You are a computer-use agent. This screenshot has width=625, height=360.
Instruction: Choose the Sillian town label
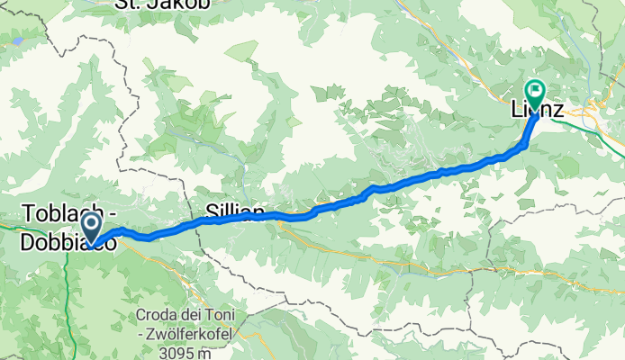pyautogui.click(x=235, y=212)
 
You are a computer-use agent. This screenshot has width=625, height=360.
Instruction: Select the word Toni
pyautogui.click(x=223, y=316)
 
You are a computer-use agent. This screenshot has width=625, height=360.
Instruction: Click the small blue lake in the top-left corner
pyautogui.click(x=17, y=41)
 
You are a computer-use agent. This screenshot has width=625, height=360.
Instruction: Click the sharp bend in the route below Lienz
pyautogui.click(x=525, y=143)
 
